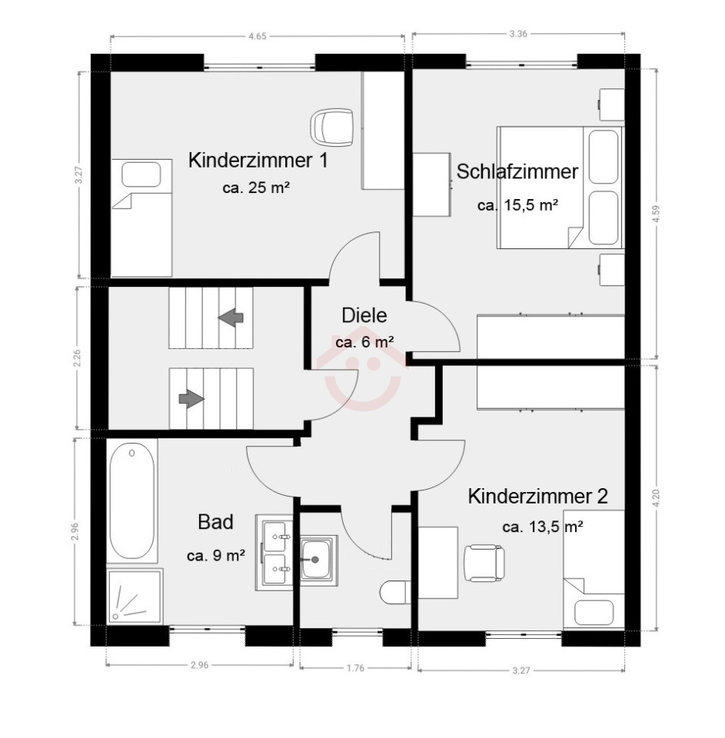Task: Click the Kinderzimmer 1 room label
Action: [258, 161]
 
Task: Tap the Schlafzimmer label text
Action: [517, 171]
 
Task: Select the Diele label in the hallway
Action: [364, 315]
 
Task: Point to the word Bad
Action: [215, 522]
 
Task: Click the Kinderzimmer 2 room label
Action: [537, 496]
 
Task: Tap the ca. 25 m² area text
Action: [255, 188]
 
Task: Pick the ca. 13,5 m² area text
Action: [543, 527]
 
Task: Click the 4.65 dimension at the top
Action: [258, 36]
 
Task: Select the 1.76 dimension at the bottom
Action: [355, 667]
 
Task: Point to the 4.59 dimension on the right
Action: [657, 214]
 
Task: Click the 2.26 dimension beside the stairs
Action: [78, 357]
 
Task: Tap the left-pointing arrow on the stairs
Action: [231, 317]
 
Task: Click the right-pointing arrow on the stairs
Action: [191, 399]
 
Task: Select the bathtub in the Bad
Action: [131, 500]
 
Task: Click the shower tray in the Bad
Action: [135, 597]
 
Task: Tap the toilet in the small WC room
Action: [395, 592]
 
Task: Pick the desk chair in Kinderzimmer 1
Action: [331, 128]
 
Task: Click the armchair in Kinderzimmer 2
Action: [484, 563]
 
